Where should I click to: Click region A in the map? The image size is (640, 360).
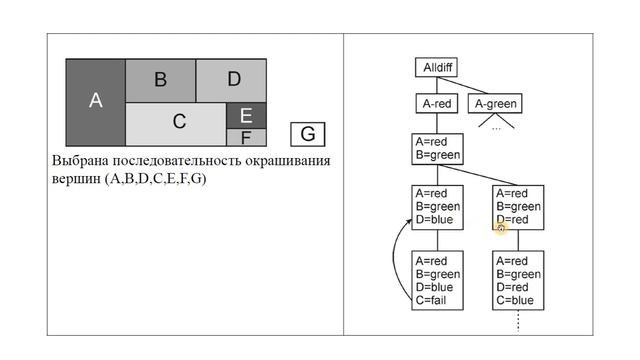click(95, 99)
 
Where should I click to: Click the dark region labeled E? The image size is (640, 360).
click(246, 115)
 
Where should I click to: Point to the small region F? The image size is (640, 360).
click(246, 138)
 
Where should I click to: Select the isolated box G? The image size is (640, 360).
click(308, 134)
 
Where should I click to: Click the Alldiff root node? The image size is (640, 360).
click(436, 68)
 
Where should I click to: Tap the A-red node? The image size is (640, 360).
click(437, 103)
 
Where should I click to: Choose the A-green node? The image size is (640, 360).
click(497, 103)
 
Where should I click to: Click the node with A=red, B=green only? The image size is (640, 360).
click(437, 149)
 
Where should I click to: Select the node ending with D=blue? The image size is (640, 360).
click(437, 207)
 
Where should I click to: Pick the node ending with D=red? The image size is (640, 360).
click(519, 207)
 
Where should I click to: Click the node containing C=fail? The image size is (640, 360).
click(437, 280)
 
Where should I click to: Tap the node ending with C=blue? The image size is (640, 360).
click(519, 280)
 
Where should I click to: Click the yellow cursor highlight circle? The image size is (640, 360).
click(501, 228)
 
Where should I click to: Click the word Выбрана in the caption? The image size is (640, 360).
click(80, 161)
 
